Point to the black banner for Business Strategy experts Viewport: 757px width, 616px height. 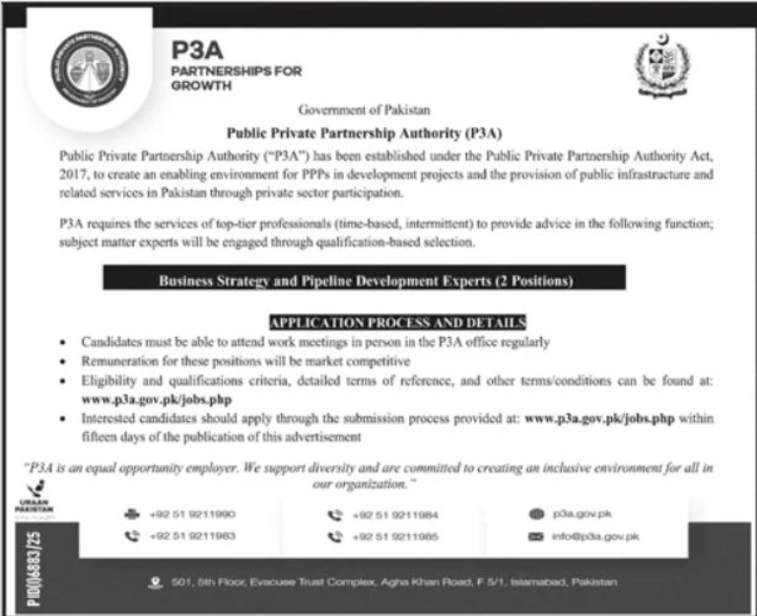(x=367, y=281)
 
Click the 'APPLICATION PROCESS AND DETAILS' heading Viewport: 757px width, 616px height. (x=398, y=322)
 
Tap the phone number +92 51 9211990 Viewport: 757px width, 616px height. (x=194, y=514)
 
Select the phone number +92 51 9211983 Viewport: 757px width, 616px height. (x=194, y=537)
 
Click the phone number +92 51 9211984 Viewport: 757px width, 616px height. (x=389, y=514)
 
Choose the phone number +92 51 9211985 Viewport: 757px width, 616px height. (x=389, y=537)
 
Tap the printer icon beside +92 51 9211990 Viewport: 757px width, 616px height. (x=131, y=514)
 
